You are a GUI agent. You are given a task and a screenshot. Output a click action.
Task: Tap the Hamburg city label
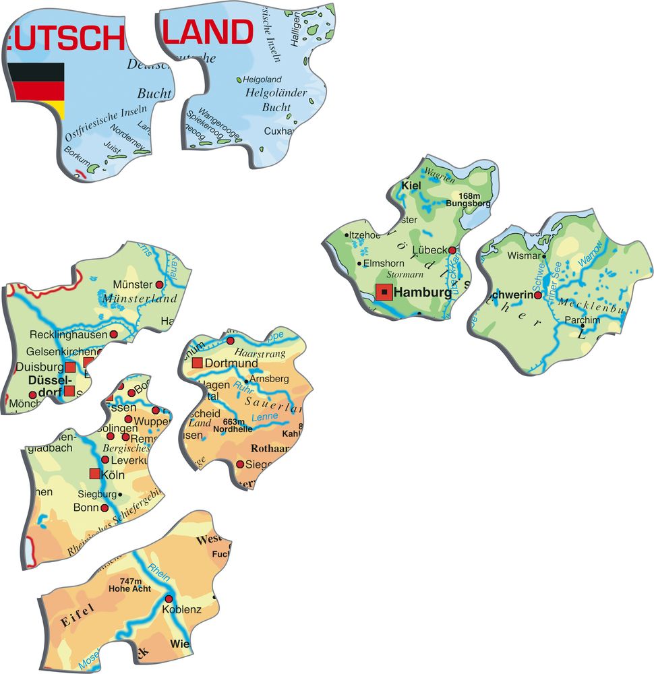[x=422, y=293]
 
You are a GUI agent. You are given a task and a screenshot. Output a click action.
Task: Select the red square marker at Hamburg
[x=384, y=292]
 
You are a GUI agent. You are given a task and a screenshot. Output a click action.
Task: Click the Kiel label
[x=411, y=185]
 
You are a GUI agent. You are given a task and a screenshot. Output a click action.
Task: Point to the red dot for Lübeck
[x=452, y=250]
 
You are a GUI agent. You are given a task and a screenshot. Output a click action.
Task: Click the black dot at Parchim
[x=583, y=327]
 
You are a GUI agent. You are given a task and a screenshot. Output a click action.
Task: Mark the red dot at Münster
[x=160, y=284]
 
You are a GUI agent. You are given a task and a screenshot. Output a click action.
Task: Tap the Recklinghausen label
[x=67, y=334]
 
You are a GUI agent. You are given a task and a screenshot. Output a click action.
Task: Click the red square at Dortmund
[x=197, y=363]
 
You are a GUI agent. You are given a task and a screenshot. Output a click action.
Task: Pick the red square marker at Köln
[x=94, y=474]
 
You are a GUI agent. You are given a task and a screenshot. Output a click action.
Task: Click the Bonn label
[x=86, y=507]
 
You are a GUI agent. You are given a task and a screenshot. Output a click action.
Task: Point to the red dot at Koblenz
[x=169, y=599]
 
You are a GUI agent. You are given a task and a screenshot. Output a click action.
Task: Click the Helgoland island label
[x=262, y=80]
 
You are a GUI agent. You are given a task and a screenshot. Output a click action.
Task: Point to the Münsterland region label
[x=140, y=298]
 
